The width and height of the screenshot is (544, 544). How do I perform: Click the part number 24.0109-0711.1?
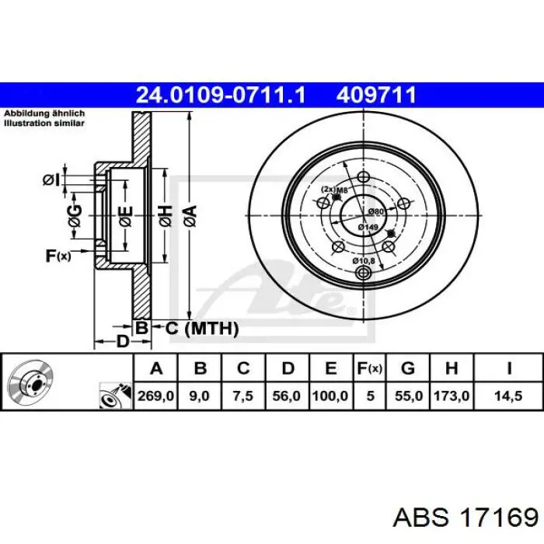(x=221, y=95)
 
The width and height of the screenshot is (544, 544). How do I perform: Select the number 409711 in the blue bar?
(x=376, y=95)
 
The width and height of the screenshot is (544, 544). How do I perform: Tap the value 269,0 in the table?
(x=155, y=396)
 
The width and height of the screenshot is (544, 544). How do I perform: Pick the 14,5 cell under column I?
(x=508, y=396)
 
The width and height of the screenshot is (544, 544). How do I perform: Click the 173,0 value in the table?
(x=452, y=396)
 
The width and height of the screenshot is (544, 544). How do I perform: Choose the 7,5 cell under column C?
(x=243, y=396)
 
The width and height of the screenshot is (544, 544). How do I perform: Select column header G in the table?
(x=408, y=368)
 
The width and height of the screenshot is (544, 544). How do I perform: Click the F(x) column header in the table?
(x=370, y=368)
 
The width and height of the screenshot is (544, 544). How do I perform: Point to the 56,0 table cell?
(x=287, y=396)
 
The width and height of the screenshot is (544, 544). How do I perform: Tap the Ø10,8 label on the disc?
(x=364, y=260)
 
